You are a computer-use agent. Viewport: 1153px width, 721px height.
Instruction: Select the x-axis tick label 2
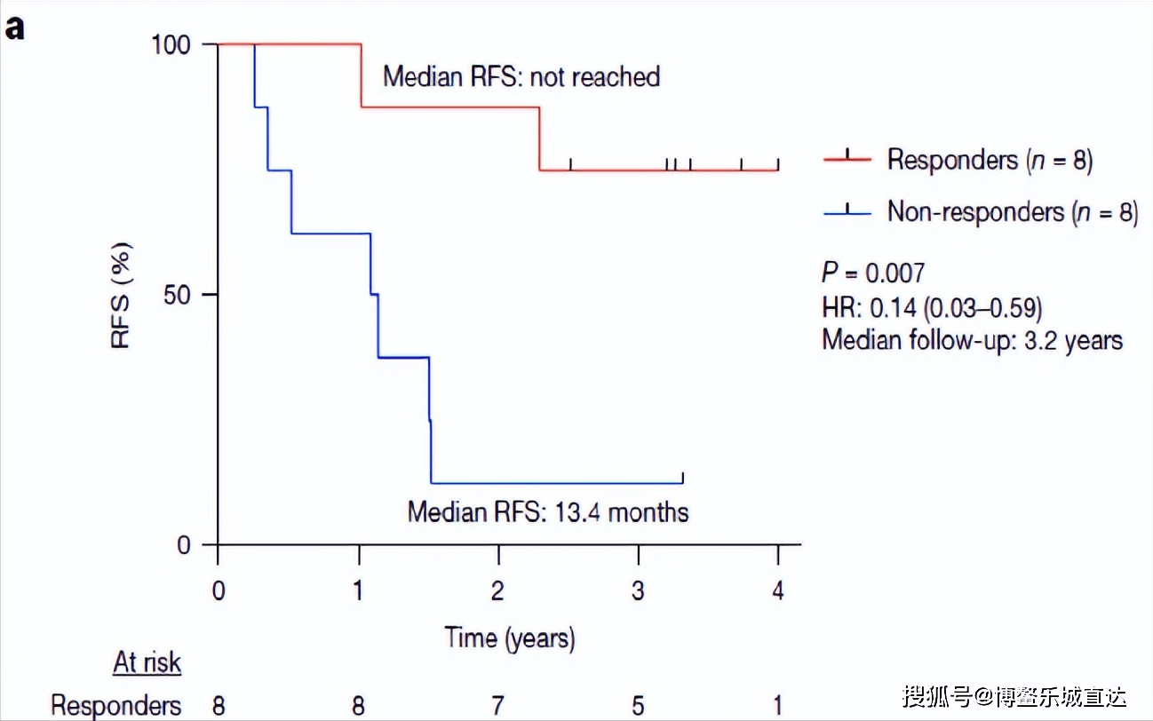click(498, 591)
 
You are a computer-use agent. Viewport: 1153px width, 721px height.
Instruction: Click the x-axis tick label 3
click(638, 591)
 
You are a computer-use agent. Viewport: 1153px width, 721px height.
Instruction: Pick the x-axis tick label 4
click(778, 591)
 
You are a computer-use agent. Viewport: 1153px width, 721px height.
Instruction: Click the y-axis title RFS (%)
click(122, 295)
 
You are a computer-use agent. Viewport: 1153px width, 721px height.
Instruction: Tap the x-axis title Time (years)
click(510, 638)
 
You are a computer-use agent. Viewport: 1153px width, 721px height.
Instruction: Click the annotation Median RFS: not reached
click(521, 77)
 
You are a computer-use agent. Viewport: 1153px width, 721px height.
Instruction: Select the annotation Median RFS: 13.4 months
click(548, 512)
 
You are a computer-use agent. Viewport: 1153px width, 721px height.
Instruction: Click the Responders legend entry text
click(990, 160)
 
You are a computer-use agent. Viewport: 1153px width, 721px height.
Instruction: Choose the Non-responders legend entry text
click(1012, 211)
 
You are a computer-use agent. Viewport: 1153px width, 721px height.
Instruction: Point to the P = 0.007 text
click(873, 273)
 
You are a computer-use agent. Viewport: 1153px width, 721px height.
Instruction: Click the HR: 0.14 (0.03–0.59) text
click(932, 307)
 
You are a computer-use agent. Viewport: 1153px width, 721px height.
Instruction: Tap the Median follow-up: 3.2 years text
click(972, 340)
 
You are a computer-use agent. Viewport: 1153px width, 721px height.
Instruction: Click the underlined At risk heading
click(147, 662)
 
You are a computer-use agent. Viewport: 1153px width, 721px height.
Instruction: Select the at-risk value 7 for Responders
click(498, 706)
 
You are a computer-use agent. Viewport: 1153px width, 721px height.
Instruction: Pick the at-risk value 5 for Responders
click(638, 706)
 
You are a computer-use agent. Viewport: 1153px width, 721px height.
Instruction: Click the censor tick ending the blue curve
click(682, 479)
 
